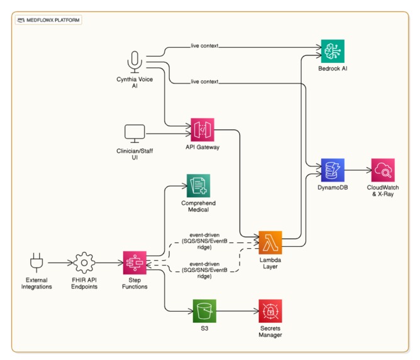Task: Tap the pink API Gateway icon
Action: (202, 131)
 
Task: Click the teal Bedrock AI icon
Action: (333, 51)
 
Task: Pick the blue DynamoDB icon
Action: (333, 170)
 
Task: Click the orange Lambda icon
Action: (271, 243)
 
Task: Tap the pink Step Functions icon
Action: (135, 263)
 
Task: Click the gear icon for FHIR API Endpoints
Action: (84, 263)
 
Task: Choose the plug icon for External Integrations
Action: (35, 263)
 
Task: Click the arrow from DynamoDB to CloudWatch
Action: (358, 170)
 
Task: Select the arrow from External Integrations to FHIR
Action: (59, 263)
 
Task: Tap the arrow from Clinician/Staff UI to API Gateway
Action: (167, 134)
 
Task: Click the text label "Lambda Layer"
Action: (271, 263)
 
